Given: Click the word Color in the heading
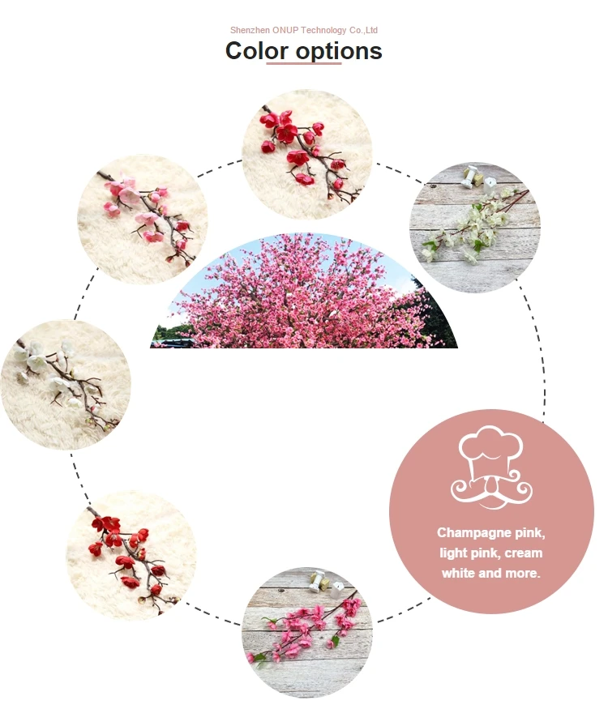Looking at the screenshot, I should (256, 50).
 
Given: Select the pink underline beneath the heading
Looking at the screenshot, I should (304, 64).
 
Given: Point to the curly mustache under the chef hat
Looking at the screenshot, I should (491, 489).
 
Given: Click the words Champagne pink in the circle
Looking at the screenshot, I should (491, 532).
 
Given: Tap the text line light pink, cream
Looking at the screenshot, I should (491, 553).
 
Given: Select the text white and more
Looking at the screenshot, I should (491, 573).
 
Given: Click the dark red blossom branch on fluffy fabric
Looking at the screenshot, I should (130, 554).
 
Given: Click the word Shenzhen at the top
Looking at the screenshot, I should (249, 30).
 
